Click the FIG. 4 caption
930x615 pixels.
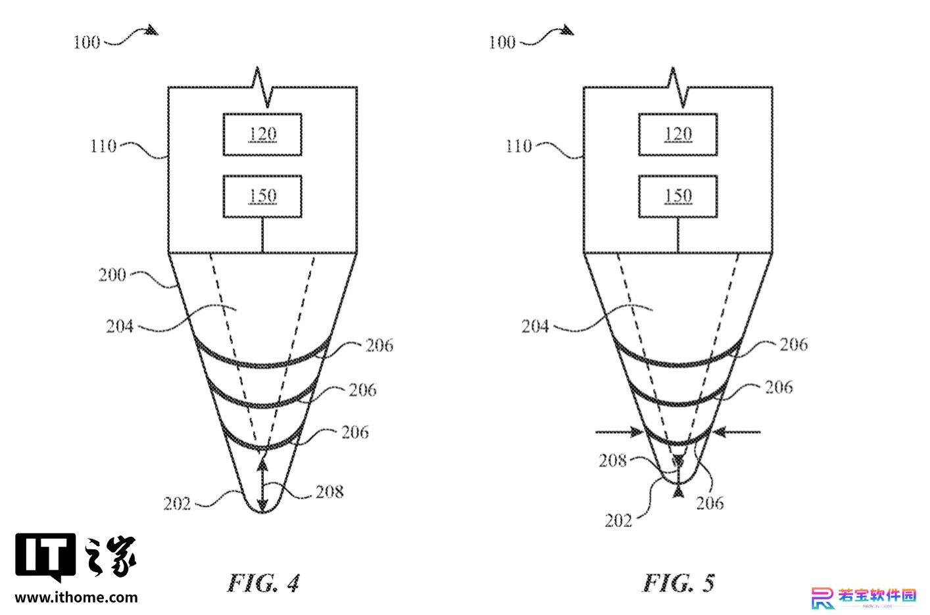tap(263, 583)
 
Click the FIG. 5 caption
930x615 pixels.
tap(678, 583)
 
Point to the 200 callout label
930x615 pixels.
tap(112, 275)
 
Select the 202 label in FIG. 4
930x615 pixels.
tap(177, 504)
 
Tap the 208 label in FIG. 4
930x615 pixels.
tap(330, 492)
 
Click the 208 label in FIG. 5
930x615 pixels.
tap(612, 461)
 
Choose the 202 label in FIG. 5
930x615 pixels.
tap(618, 521)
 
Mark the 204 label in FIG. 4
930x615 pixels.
tap(120, 327)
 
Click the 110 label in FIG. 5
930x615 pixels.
tap(518, 146)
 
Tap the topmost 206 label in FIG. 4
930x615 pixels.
tap(379, 346)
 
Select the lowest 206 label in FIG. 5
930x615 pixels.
tap(710, 503)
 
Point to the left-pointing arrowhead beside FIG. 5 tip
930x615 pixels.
tap(720, 432)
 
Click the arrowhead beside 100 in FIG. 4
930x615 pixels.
tap(152, 30)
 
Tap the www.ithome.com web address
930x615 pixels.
tap(76, 597)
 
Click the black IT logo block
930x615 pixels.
tap(45, 556)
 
